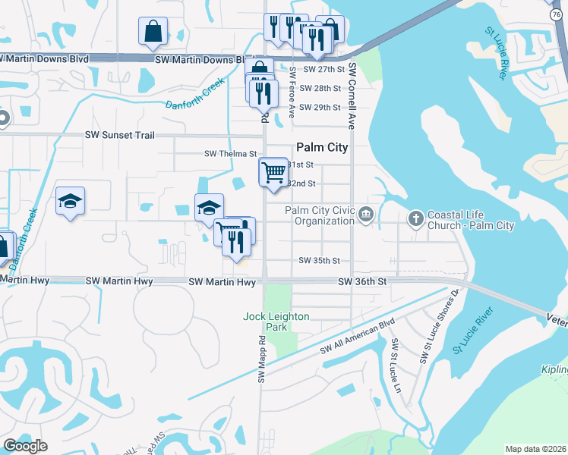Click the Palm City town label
point(322,147)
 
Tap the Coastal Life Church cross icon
point(415,218)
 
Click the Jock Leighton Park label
point(266,322)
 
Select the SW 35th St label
point(319,260)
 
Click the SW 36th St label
point(362,281)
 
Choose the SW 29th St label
point(319,107)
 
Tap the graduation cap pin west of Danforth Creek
point(70,201)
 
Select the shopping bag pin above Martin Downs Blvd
point(153,31)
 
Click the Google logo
point(24,446)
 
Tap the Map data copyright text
point(535,449)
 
